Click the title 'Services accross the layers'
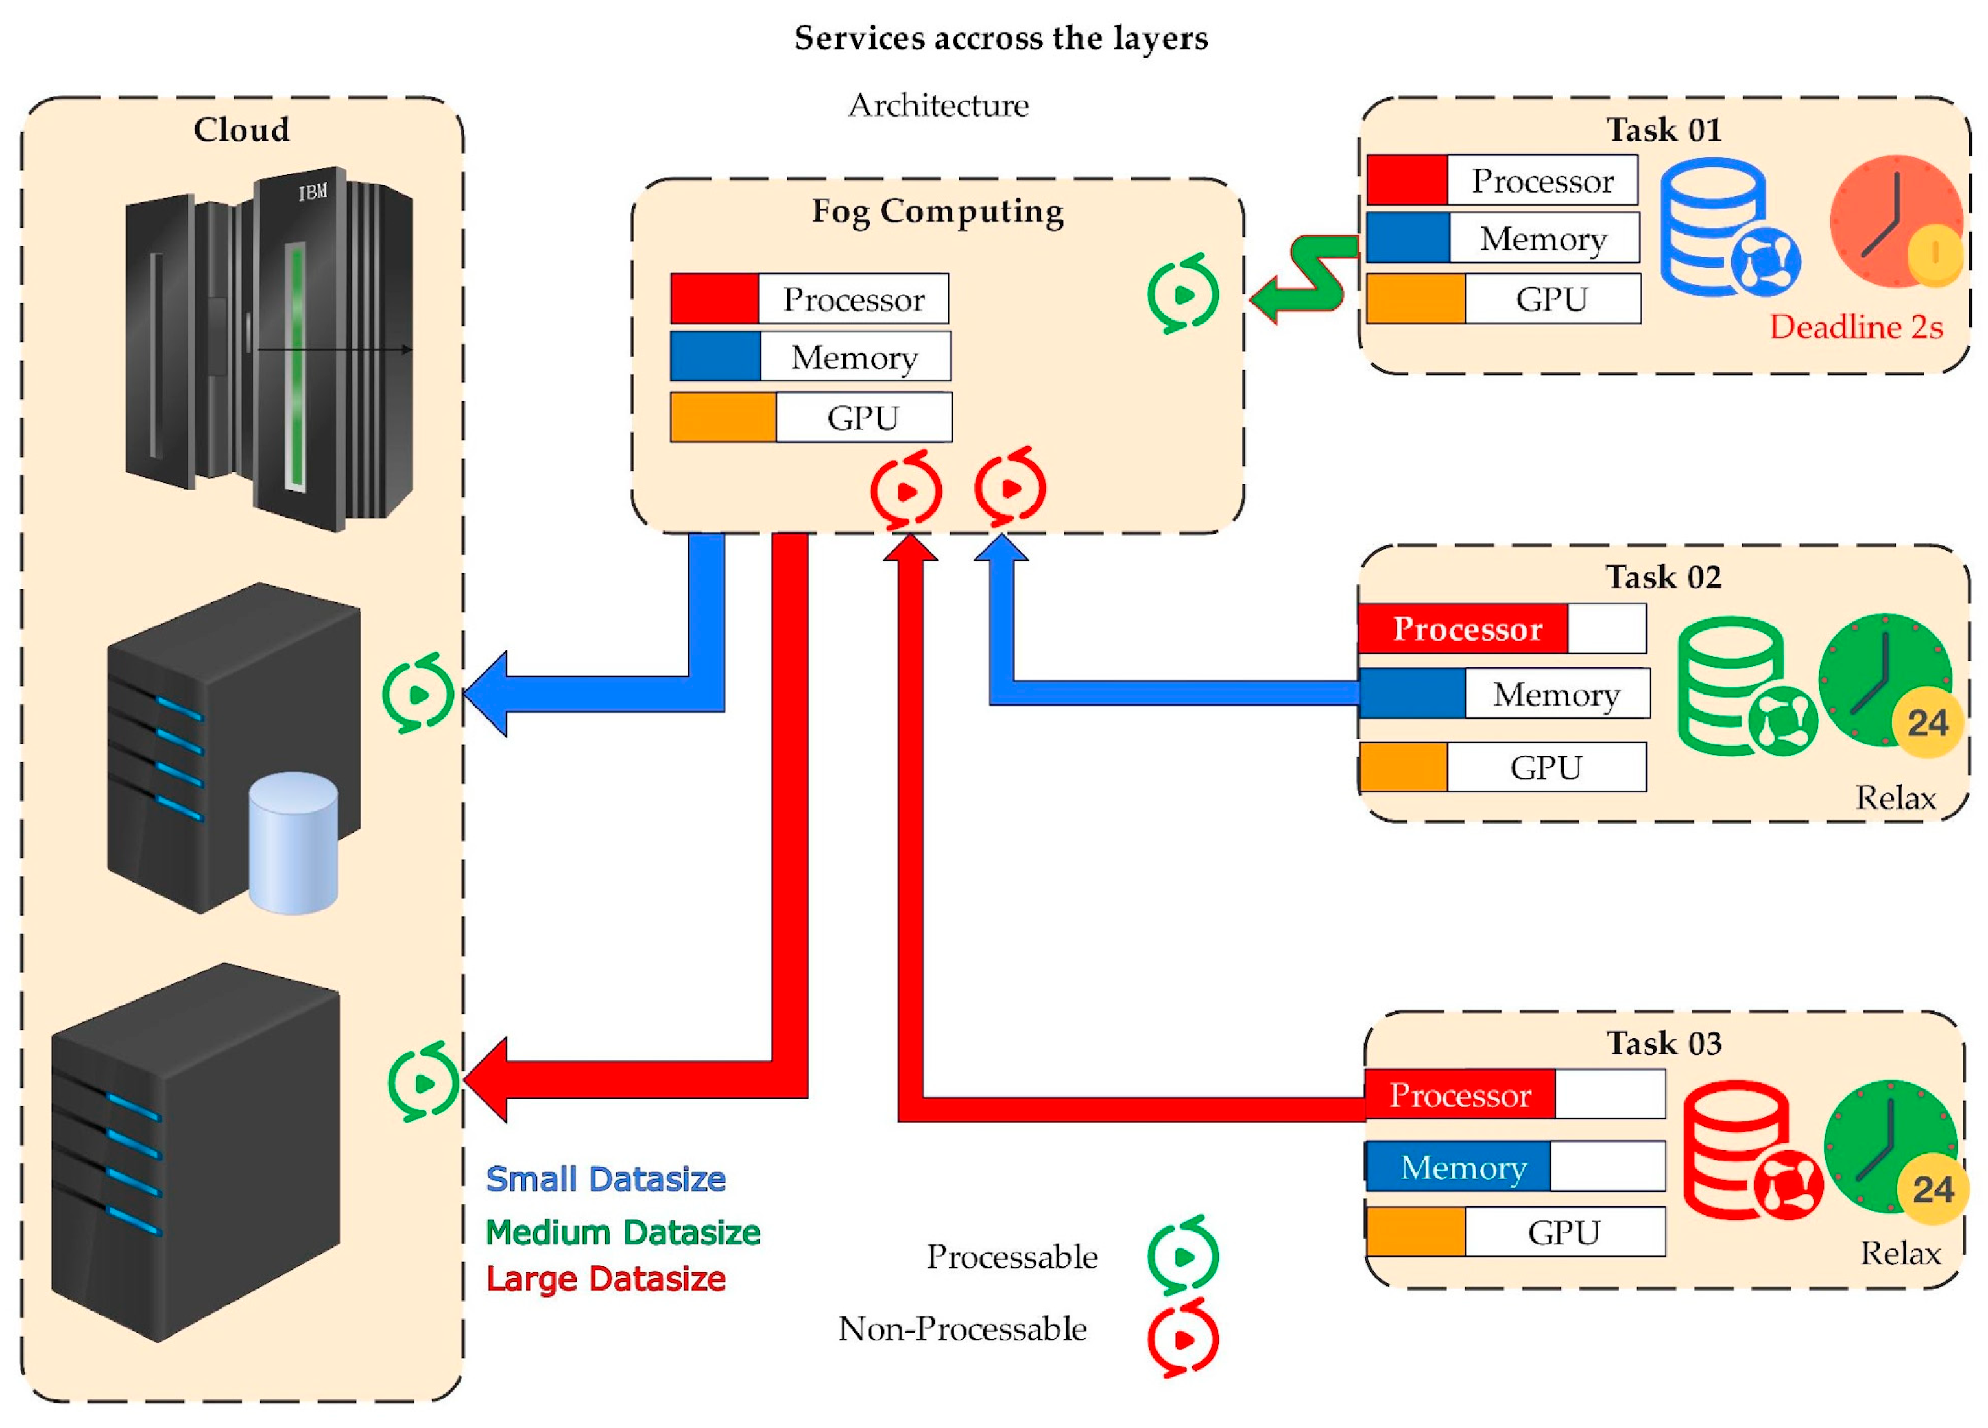pos(1000,38)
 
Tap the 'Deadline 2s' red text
pos(1855,327)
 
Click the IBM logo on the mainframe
pos(312,191)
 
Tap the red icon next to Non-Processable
pos(1182,1339)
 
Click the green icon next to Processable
pos(1182,1256)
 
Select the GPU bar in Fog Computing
pos(811,417)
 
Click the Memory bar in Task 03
pos(1515,1167)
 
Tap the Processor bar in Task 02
pos(1502,628)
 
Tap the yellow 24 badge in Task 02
pos(1926,723)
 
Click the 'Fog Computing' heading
pos(937,211)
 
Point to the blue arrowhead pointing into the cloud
pos(487,693)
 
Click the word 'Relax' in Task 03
pos(1900,1254)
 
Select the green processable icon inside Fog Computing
pos(1182,294)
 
